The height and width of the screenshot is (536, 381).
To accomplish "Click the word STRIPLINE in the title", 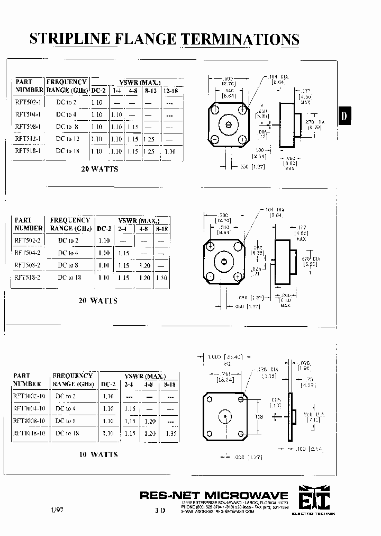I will [x=69, y=39].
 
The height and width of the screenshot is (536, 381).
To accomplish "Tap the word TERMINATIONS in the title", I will [x=241, y=39].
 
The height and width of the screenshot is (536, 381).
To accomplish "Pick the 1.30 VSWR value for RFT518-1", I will [x=170, y=151].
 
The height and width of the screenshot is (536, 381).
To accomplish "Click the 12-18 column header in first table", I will [x=170, y=91].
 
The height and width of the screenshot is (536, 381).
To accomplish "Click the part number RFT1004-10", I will [x=30, y=408].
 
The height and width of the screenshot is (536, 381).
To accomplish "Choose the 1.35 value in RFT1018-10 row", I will [x=170, y=433].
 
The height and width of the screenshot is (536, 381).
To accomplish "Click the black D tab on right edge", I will [x=344, y=116].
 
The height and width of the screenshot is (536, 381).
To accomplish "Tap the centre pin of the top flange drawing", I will [x=229, y=125].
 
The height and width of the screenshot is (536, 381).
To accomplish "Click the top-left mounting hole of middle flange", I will [x=210, y=247].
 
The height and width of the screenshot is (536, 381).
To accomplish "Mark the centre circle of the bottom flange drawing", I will [x=225, y=417].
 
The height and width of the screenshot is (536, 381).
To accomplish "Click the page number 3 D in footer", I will [x=160, y=510].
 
